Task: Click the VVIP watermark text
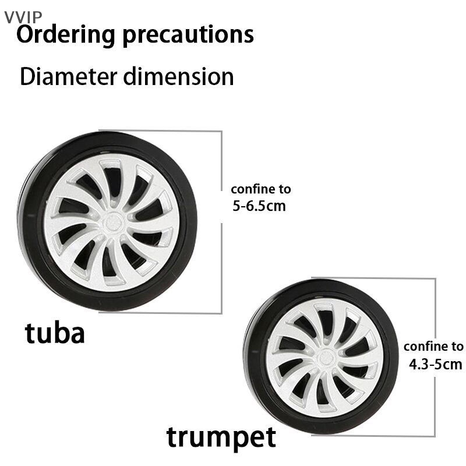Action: (x=23, y=17)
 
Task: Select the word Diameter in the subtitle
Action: (x=69, y=77)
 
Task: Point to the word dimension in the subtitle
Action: (x=179, y=77)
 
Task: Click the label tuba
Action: (x=55, y=333)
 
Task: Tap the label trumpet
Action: (x=221, y=437)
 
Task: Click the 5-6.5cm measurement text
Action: (x=259, y=206)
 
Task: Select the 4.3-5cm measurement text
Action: (x=435, y=364)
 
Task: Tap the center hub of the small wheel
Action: (x=326, y=359)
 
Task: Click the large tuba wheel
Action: (x=107, y=221)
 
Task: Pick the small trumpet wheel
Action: (x=321, y=356)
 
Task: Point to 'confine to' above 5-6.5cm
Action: (x=261, y=189)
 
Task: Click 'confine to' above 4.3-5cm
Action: (x=433, y=347)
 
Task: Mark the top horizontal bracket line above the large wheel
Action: (x=161, y=130)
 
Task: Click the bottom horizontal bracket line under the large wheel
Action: (x=161, y=313)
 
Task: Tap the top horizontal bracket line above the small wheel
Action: (x=373, y=278)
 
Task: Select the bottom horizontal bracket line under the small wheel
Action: (x=373, y=436)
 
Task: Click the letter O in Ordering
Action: (x=25, y=34)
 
